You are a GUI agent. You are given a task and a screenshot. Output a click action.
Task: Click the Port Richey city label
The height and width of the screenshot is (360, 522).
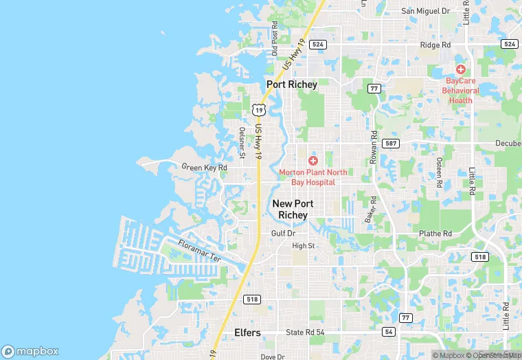pyautogui.click(x=292, y=85)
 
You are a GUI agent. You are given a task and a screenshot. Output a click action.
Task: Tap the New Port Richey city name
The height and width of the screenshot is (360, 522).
pyautogui.click(x=293, y=209)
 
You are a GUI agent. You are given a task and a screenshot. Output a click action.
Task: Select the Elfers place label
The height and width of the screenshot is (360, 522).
pyautogui.click(x=247, y=333)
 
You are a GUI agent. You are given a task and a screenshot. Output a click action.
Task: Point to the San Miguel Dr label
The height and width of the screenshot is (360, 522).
pyautogui.click(x=425, y=11)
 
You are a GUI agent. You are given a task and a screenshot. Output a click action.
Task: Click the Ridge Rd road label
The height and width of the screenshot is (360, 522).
pyautogui.click(x=436, y=45)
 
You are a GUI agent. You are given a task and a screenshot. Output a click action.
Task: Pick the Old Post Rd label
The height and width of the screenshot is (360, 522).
pyautogui.click(x=275, y=43)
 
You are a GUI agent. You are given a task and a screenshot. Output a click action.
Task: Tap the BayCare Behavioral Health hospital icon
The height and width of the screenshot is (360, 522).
pyautogui.click(x=460, y=69)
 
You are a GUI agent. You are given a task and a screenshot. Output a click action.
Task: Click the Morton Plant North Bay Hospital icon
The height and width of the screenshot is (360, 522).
pyautogui.click(x=313, y=160)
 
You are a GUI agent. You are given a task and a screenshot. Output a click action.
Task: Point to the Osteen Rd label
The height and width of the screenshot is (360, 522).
pyautogui.click(x=438, y=171)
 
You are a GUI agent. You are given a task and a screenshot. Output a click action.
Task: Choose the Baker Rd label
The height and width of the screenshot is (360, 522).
pyautogui.click(x=372, y=209)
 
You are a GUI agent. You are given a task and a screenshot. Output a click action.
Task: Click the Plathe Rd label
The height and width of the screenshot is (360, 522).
pyautogui.click(x=435, y=234)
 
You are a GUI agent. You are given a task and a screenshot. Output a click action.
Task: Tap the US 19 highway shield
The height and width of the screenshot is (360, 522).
pyautogui.click(x=258, y=109)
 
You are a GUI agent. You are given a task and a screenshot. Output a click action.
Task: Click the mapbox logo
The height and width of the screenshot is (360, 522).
pyautogui.click(x=30, y=350)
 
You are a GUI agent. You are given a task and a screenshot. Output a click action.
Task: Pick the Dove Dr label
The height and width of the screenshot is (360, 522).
pyautogui.click(x=272, y=357)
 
